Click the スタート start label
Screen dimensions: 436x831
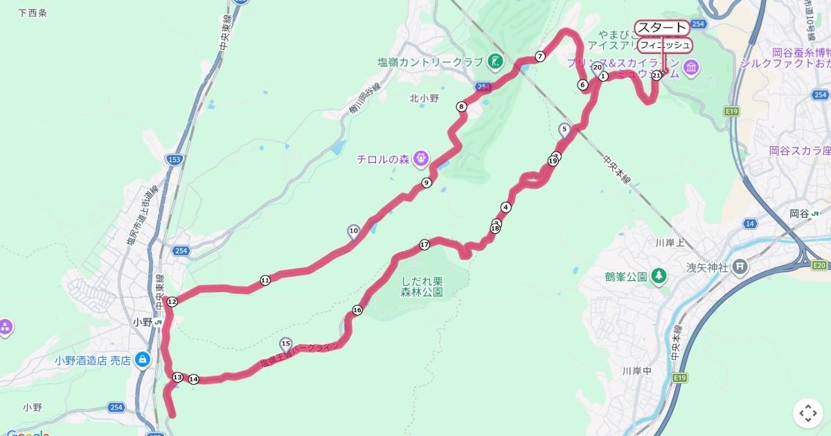click(x=661, y=28)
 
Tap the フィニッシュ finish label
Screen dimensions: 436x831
click(x=664, y=45)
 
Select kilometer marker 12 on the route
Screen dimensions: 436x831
click(x=172, y=301)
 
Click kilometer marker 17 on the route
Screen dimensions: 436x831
click(x=425, y=244)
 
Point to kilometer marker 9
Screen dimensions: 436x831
click(x=427, y=183)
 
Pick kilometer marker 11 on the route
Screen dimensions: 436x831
click(x=265, y=280)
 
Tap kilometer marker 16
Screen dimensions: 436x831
click(x=357, y=310)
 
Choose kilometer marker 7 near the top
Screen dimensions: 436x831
click(x=540, y=56)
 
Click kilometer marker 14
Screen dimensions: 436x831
click(x=194, y=379)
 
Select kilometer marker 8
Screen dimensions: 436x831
click(x=461, y=106)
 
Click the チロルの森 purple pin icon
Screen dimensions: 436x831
click(x=420, y=159)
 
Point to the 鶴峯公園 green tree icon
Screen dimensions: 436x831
click(x=659, y=277)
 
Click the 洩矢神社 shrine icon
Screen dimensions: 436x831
click(x=740, y=265)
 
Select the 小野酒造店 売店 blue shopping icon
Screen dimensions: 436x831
click(x=142, y=359)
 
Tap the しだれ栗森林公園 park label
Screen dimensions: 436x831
click(x=422, y=287)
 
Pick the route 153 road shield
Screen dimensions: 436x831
click(x=175, y=160)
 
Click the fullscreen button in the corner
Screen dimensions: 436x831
click(x=807, y=413)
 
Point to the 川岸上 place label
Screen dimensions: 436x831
click(x=670, y=243)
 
